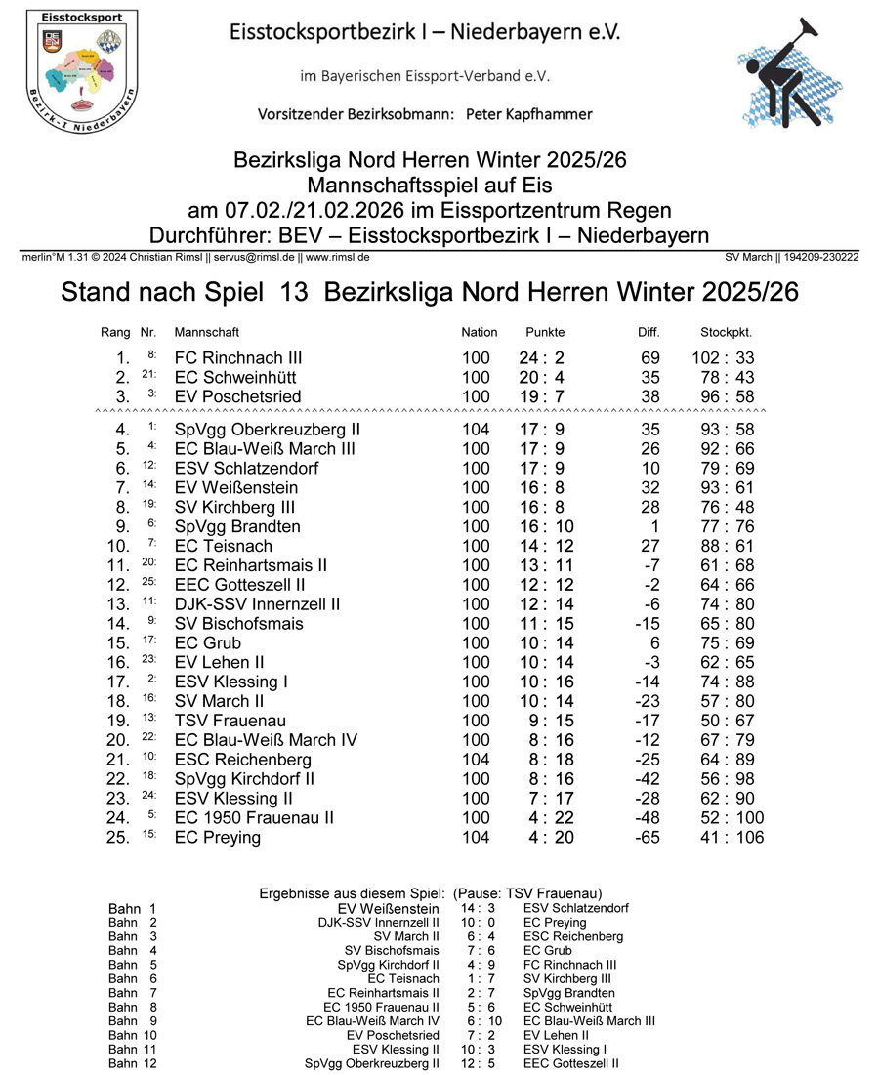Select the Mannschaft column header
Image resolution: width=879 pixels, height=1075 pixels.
coord(206,332)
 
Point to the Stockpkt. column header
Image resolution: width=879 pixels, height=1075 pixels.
coord(726,332)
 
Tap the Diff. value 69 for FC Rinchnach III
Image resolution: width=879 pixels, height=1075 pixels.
coord(649,358)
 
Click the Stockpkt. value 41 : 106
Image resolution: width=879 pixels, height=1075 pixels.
coord(732,838)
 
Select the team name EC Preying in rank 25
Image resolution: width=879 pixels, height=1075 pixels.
coord(218,838)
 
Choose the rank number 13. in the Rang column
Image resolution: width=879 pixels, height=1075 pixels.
coord(118,604)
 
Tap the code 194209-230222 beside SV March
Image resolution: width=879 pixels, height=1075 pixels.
coord(820,257)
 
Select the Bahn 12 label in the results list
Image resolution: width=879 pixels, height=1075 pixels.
coord(133,1063)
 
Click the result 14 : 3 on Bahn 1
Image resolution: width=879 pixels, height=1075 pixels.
coord(478,908)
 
